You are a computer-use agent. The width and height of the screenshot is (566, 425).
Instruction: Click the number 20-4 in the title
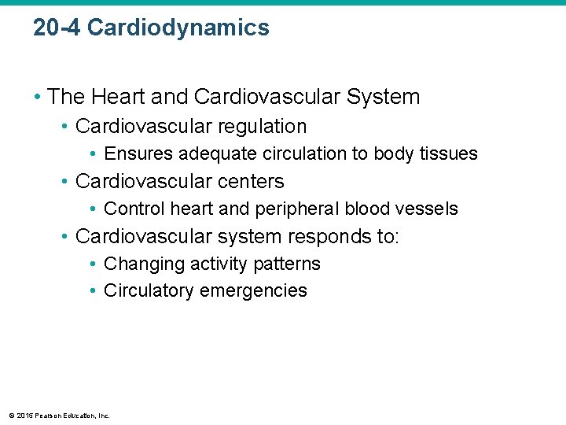[x=57, y=28]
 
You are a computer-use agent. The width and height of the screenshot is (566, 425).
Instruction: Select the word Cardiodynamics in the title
[x=178, y=28]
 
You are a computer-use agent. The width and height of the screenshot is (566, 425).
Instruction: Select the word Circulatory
[x=149, y=290]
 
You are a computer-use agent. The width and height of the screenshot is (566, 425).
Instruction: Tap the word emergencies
[x=254, y=290]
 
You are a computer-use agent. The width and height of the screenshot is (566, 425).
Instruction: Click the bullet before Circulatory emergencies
[x=93, y=290]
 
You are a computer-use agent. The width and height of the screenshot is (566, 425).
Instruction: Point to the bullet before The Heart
[x=37, y=98]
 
